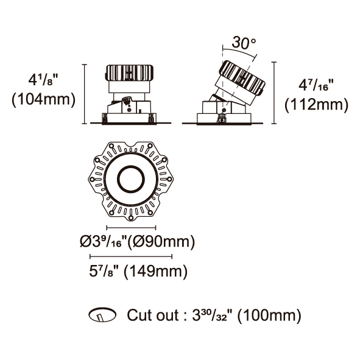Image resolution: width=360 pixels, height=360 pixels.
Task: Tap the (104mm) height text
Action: point(44,100)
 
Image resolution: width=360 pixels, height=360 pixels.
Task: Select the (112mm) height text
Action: point(316,105)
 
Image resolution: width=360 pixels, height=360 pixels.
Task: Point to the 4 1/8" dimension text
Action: point(43,80)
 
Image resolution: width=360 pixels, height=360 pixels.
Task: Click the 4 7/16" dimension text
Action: point(316,85)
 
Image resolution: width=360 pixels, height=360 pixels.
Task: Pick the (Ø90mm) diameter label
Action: point(161,242)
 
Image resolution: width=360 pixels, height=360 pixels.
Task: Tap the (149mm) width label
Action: point(155,272)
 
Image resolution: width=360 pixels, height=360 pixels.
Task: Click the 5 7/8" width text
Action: point(105,271)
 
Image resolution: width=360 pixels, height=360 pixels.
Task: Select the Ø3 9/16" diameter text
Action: point(104,242)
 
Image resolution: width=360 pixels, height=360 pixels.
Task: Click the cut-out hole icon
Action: point(102,315)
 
